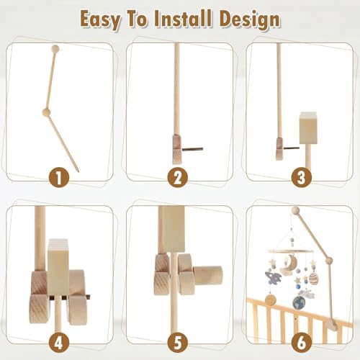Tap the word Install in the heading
pyautogui.click(x=183, y=18)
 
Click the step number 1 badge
pyautogui.click(x=59, y=178)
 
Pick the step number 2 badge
pyautogui.click(x=178, y=178)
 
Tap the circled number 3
pyautogui.click(x=302, y=178)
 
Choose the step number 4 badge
pyautogui.click(x=59, y=343)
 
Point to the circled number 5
pyautogui.click(x=178, y=343)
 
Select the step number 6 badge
pyautogui.click(x=302, y=343)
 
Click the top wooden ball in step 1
pyautogui.click(x=55, y=48)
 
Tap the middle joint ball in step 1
pyautogui.click(x=46, y=112)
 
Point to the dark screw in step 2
pyautogui.click(x=192, y=149)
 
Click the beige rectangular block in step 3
pyautogui.click(x=308, y=128)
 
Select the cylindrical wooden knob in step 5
pyautogui.click(x=208, y=275)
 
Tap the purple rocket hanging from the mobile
pyautogui.click(x=273, y=278)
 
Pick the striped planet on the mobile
pyautogui.click(x=314, y=278)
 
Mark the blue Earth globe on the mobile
pyautogui.click(x=299, y=303)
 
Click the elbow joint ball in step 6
pyautogui.click(x=329, y=260)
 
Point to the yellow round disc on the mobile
pyautogui.click(x=270, y=300)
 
